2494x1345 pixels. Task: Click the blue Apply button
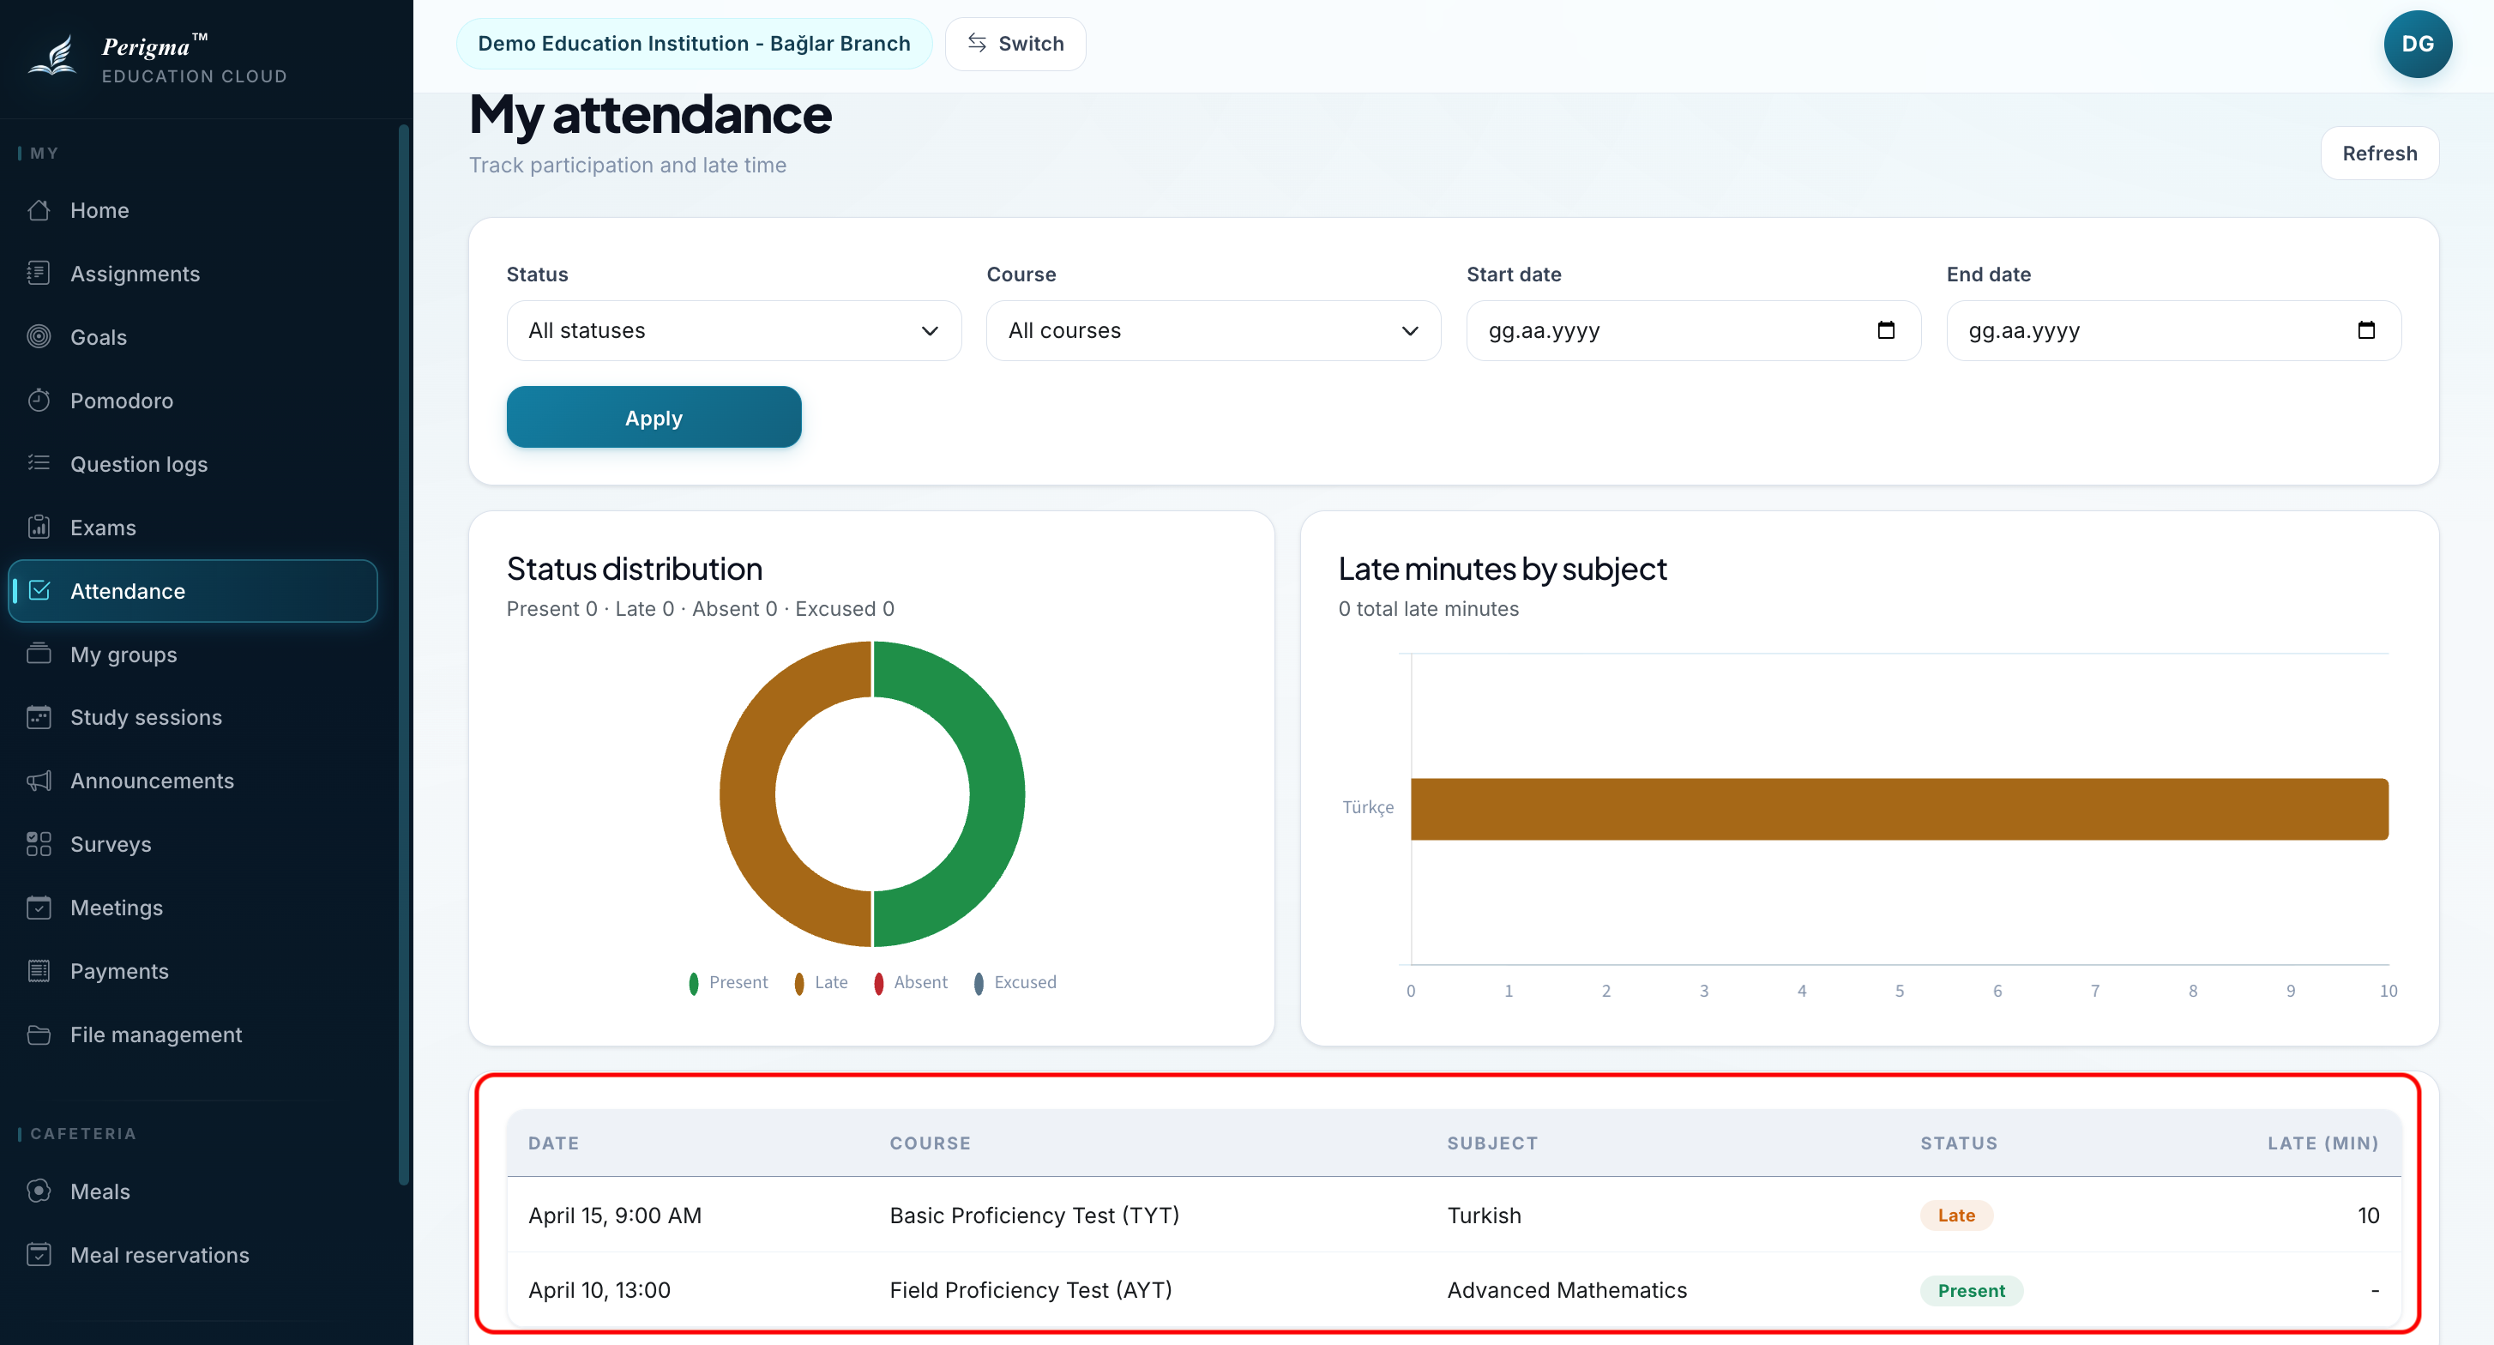point(654,418)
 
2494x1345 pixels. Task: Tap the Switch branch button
point(1015,44)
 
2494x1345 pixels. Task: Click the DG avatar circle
point(2418,44)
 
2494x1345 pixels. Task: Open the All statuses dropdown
point(734,330)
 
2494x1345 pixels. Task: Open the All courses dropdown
point(1213,330)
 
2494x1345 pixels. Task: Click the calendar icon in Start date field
point(1886,330)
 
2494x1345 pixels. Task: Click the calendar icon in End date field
point(2366,330)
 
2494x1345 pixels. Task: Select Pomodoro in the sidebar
point(121,401)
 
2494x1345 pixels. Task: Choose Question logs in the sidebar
point(138,464)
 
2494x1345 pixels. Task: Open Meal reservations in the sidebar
point(160,1255)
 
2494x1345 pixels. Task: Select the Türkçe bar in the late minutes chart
point(1900,809)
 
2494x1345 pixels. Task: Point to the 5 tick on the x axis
point(1900,991)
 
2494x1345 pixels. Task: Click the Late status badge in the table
point(1956,1215)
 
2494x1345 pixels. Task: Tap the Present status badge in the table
point(1971,1291)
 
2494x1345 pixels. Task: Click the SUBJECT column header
point(1492,1143)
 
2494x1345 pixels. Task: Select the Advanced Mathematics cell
point(1567,1290)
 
